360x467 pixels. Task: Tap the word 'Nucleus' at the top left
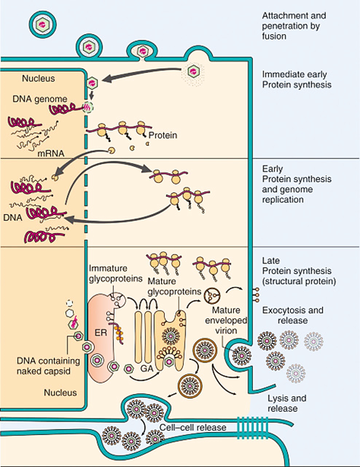click(27, 77)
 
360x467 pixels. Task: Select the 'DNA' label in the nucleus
click(15, 217)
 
